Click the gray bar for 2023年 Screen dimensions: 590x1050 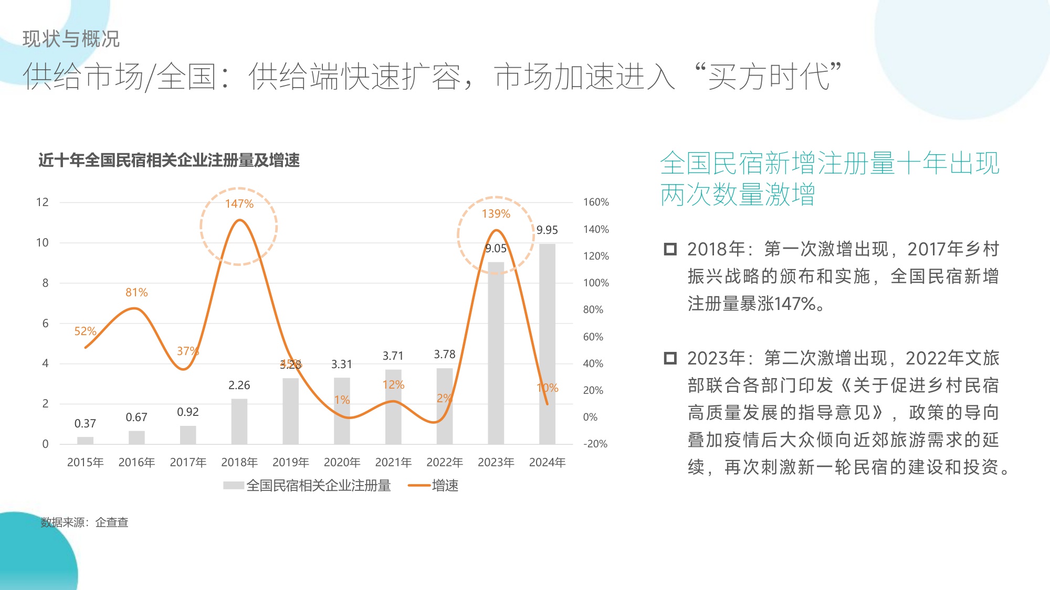point(496,357)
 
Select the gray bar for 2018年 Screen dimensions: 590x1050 point(239,422)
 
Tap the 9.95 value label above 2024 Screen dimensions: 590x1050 point(547,230)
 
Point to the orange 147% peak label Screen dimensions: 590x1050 point(239,204)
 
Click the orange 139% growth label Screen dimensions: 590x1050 point(496,214)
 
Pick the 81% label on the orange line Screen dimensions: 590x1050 point(136,293)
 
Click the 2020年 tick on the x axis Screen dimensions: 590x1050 point(342,463)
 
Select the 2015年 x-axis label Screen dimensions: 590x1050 point(85,463)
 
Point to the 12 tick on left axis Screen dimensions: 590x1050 point(43,202)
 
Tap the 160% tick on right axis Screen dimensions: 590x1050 point(596,202)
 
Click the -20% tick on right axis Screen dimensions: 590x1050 point(595,444)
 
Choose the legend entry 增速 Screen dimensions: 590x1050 point(434,486)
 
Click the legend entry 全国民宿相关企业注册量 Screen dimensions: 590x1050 point(307,486)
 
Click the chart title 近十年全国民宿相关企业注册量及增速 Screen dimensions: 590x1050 point(169,160)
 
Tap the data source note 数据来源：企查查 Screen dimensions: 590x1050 point(85,522)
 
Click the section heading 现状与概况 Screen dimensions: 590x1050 point(71,39)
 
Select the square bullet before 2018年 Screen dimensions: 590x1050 point(670,249)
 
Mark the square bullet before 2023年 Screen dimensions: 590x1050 point(670,358)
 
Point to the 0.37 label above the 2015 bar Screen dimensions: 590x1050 point(85,424)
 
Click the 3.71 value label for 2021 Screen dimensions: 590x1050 point(393,356)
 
